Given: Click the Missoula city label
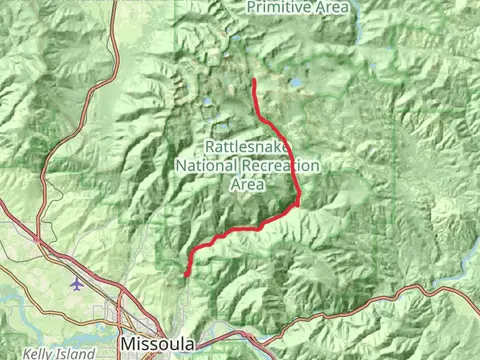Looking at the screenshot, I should (x=157, y=344).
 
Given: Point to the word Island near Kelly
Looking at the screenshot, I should (x=76, y=354).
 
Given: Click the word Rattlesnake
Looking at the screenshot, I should (x=248, y=145).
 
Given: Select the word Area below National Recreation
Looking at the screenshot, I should (x=248, y=185).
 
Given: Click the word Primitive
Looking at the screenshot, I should (x=282, y=7).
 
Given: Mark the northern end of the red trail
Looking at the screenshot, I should (x=255, y=80).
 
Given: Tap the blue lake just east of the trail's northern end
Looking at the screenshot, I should (x=295, y=84).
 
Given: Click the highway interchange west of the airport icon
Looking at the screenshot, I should (x=38, y=240).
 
